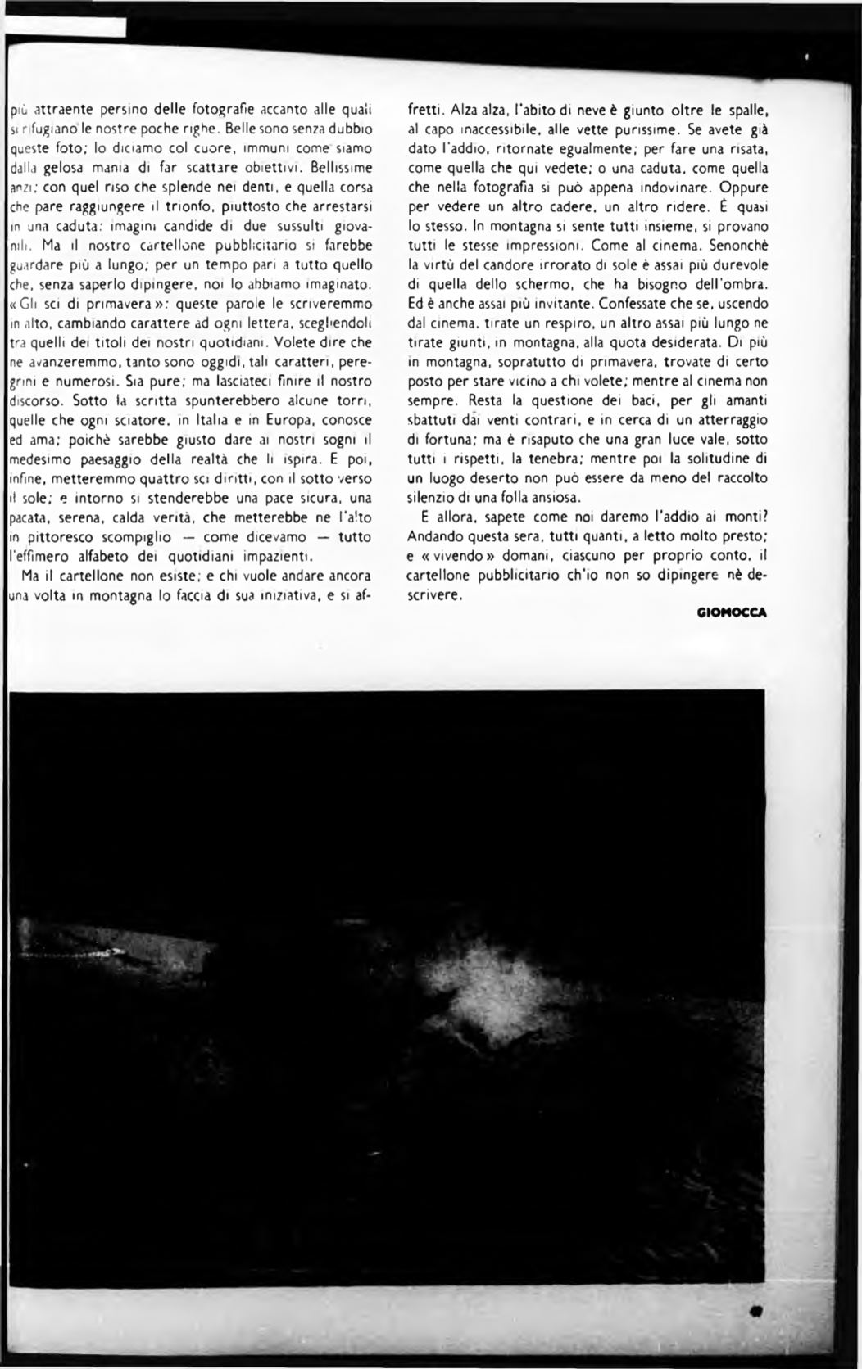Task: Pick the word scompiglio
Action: pyautogui.click(x=132, y=537)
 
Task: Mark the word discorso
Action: pyautogui.click(x=36, y=400)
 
